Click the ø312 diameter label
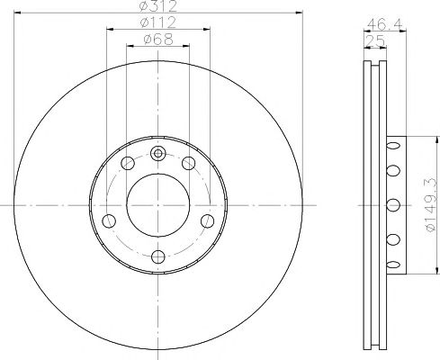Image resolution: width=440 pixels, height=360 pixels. pyautogui.click(x=158, y=5)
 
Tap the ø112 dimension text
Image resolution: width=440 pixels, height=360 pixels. pyautogui.click(x=158, y=22)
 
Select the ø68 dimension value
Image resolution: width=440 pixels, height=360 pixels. pyautogui.click(x=158, y=40)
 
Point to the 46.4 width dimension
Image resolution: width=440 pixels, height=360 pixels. pyautogui.click(x=384, y=24)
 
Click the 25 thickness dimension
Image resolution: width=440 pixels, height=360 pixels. pyautogui.click(x=375, y=40)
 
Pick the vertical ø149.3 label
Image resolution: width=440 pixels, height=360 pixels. pyautogui.click(x=430, y=205)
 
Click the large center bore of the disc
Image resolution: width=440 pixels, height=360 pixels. pyautogui.click(x=158, y=205)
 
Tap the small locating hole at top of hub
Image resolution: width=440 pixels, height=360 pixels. pyautogui.click(x=157, y=154)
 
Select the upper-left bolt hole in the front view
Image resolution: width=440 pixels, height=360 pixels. pyautogui.click(x=128, y=163)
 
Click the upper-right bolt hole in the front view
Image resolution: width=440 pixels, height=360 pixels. pyautogui.click(x=189, y=163)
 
